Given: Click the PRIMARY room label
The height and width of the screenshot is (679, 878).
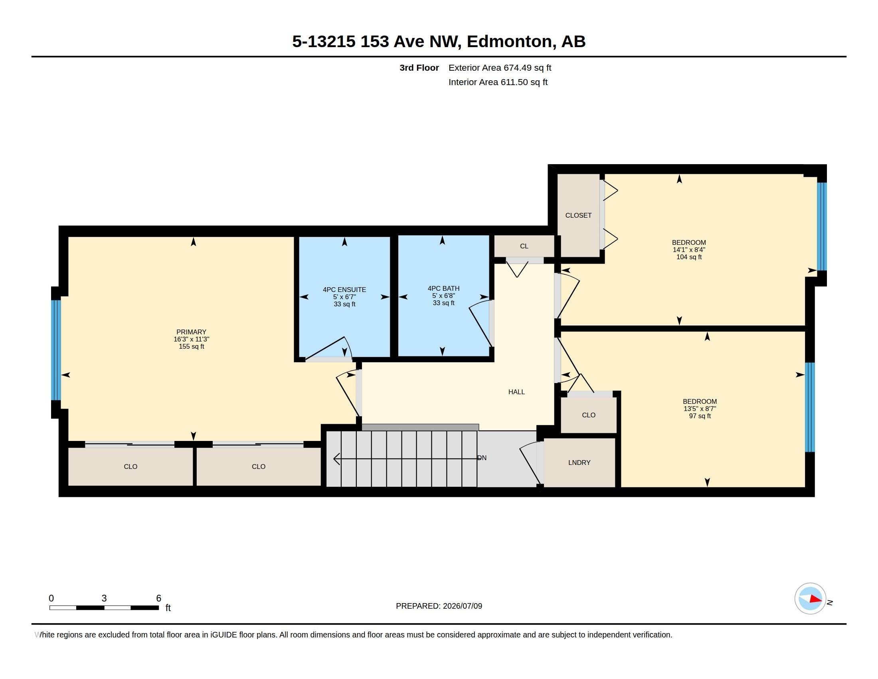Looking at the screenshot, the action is pos(191,332).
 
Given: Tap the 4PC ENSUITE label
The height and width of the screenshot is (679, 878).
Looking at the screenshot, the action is pos(344,290).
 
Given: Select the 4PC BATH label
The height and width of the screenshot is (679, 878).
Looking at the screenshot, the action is pos(443,288).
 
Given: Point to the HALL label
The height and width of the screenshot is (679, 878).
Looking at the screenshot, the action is pos(516,392).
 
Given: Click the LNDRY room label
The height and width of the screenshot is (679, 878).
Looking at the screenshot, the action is pos(579,463).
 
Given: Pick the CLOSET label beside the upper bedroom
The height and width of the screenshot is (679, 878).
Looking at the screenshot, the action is pos(578,216).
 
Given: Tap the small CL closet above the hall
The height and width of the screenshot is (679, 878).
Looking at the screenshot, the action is pos(524,246).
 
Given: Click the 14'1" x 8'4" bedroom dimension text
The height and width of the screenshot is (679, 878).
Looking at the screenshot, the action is pos(689,250).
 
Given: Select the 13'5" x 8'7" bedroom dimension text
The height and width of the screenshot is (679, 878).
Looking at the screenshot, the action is pos(700,409).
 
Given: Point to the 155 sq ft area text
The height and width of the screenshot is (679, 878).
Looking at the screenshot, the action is pos(191,346).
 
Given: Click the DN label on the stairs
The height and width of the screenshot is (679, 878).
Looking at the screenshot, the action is pos(482,458).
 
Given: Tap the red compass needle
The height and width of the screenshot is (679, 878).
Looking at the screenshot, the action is pos(815,599).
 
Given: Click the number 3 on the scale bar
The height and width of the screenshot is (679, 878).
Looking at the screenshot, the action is pos(104,598).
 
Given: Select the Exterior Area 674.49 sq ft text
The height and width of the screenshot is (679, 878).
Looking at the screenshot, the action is pos(500,68).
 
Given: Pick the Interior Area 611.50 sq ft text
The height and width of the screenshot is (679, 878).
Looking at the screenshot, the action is pos(498,82).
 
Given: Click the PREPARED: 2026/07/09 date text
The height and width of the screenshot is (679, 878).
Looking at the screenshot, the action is pos(439,606).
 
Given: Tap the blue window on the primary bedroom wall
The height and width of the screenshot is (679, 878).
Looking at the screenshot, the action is pos(56,350).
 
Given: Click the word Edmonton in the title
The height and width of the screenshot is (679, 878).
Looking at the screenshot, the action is pos(509,42).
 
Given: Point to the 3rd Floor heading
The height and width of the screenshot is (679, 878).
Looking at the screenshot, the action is pos(419,68).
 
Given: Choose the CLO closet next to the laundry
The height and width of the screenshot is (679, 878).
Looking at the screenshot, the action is pos(589,415).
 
